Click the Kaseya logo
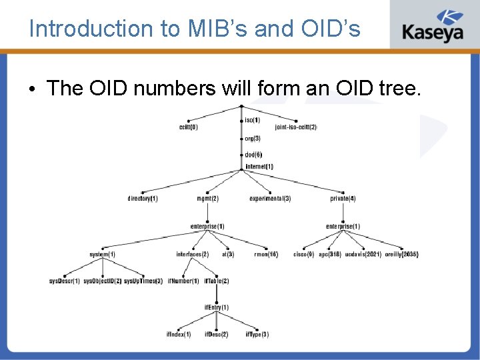[432, 25]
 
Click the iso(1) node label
[253, 120]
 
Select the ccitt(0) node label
[189, 127]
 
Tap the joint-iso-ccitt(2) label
[296, 127]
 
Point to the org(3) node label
[252, 139]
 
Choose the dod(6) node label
[253, 155]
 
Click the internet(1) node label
[259, 167]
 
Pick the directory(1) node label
[143, 198]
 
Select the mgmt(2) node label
[207, 198]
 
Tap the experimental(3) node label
[270, 198]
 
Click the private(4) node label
[343, 198]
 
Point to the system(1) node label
[102, 254]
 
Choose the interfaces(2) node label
[192, 254]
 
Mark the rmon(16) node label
[266, 254]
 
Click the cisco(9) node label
[303, 254]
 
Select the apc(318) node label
[330, 254]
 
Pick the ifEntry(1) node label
[217, 307]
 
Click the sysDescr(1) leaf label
[64, 281]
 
